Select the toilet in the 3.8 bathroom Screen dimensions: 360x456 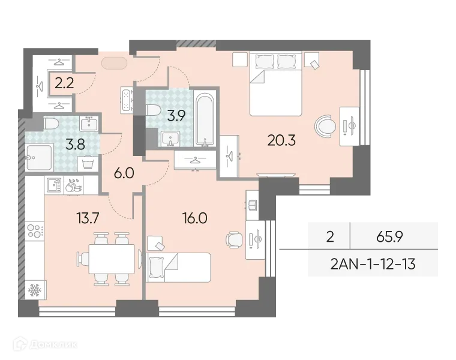tap(51, 123)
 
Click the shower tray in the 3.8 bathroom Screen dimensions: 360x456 tap(40, 157)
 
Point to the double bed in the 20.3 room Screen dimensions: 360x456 tap(276, 84)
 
